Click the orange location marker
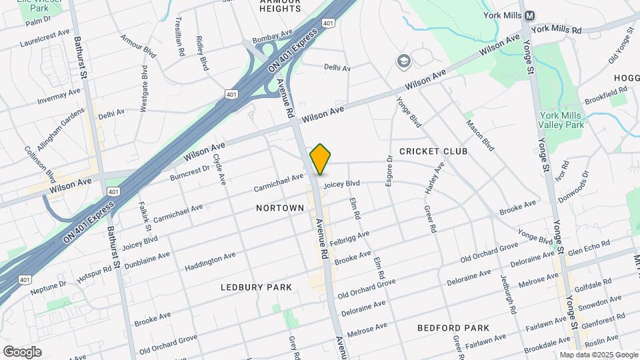coord(320,159)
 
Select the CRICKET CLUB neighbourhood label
coord(433,151)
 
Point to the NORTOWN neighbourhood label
coord(280,208)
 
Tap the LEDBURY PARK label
coord(256,287)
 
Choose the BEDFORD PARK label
coord(453,328)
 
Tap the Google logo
coord(22,351)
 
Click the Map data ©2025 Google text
coord(598,355)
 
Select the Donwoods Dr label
coord(576,187)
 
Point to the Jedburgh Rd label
coord(507,294)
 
